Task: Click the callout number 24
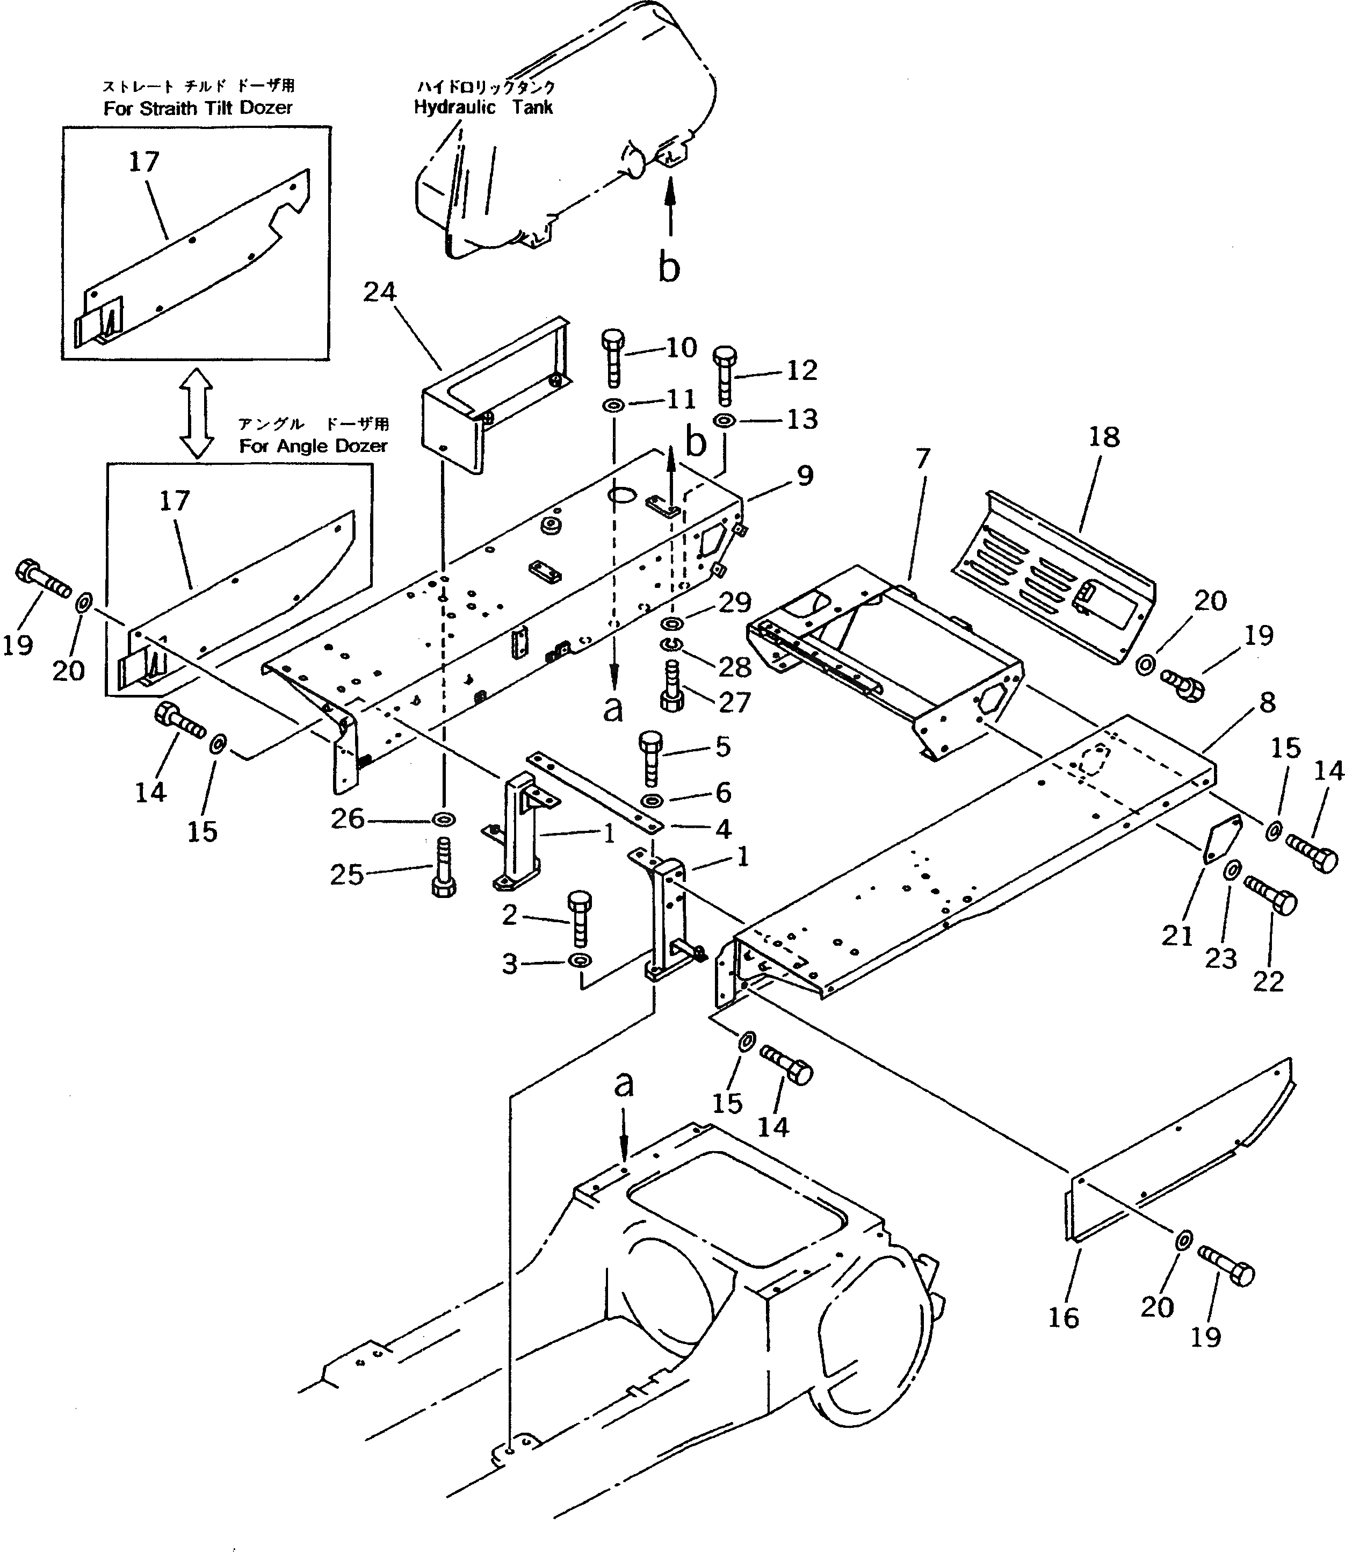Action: [379, 292]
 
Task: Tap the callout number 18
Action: [1103, 437]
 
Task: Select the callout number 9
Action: [805, 475]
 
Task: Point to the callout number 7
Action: [922, 458]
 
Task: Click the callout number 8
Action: [1267, 703]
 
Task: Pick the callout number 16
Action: [1063, 1317]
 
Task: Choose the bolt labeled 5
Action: [650, 757]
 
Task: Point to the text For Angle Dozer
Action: [313, 446]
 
